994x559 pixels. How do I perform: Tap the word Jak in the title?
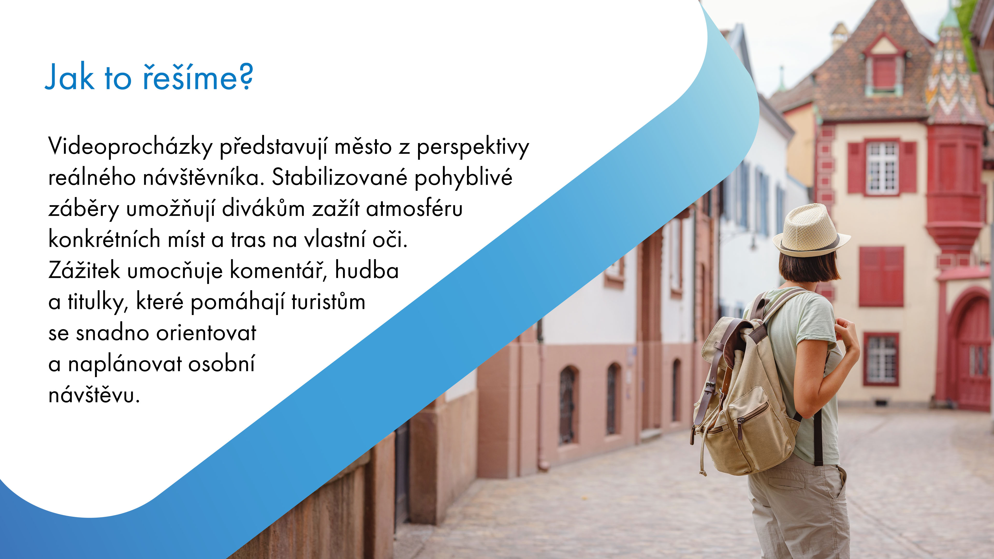(x=69, y=77)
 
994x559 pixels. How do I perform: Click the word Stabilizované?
(x=340, y=178)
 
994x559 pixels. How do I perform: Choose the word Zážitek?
(x=84, y=270)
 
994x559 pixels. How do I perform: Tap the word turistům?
(x=328, y=302)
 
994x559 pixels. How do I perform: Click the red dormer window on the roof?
(x=884, y=69)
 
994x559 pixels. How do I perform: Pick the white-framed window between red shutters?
(x=882, y=168)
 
